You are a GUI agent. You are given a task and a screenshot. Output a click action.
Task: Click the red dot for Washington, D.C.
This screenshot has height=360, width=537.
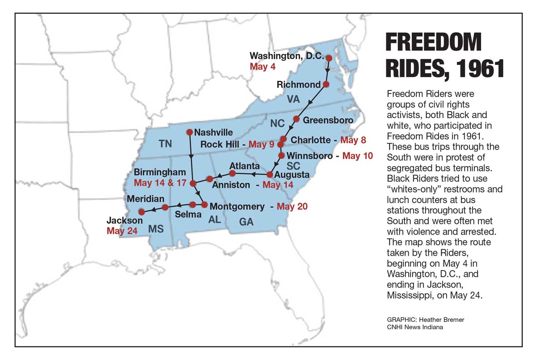329,58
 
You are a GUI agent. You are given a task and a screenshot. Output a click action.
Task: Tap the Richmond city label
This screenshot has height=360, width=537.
298,85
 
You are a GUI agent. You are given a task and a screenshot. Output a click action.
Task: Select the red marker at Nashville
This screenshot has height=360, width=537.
189,132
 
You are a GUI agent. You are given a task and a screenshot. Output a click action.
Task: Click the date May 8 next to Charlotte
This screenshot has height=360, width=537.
353,140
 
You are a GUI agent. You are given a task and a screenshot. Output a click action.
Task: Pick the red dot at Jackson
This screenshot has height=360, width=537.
141,212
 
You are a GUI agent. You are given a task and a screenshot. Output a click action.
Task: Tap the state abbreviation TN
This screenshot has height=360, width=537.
166,143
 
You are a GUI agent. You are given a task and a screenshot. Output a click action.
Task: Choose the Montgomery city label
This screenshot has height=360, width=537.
237,206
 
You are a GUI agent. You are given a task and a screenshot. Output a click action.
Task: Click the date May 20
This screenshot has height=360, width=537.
292,206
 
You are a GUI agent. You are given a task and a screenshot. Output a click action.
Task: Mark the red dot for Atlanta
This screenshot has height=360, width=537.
232,173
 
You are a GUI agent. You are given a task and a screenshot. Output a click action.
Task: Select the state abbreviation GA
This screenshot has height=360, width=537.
246,222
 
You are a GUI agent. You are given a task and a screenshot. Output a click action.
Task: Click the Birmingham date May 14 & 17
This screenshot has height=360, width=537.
160,183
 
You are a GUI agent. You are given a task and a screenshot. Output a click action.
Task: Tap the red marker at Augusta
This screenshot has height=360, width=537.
270,174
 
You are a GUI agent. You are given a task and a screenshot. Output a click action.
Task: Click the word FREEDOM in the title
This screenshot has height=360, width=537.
433,43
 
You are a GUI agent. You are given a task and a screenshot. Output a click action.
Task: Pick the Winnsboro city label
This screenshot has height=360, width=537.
310,156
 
